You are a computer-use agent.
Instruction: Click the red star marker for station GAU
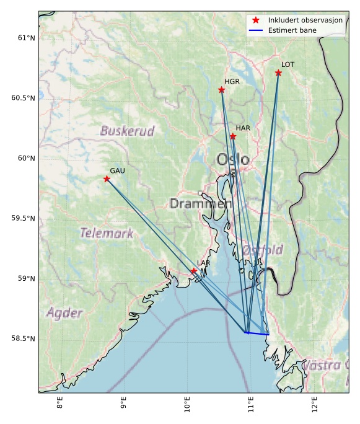tap(107, 179)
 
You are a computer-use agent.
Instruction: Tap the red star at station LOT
tap(278, 73)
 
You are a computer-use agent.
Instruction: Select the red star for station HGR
tap(221, 90)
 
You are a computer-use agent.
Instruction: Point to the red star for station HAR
tap(233, 136)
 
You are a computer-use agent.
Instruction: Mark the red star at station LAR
tap(194, 271)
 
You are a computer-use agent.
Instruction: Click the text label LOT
tap(288, 64)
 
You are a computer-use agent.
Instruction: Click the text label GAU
tap(117, 170)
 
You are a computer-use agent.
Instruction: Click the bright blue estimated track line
tap(257, 333)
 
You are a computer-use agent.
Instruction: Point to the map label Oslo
tap(233, 160)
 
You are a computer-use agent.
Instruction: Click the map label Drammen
tap(200, 203)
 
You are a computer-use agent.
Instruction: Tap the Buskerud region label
tap(127, 131)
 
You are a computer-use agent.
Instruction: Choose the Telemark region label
tap(107, 233)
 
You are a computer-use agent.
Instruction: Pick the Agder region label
tap(64, 312)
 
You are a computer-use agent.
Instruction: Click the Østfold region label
tap(263, 250)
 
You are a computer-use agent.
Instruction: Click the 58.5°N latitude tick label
tap(24, 338)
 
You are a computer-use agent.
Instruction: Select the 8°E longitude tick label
tap(60, 403)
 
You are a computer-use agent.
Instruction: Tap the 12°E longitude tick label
tap(314, 403)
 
